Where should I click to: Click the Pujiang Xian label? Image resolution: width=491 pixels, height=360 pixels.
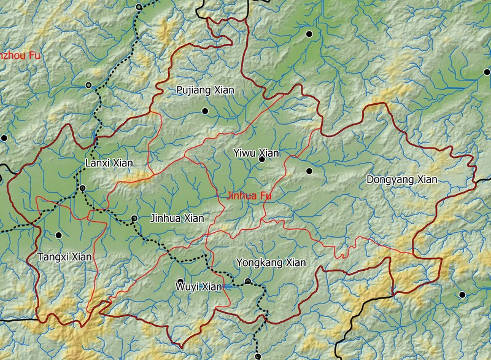(205, 90)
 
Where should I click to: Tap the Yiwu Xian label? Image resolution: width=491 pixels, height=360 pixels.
(257, 153)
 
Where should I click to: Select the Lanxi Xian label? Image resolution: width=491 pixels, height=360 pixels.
(108, 163)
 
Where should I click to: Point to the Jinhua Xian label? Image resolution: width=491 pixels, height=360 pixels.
(177, 218)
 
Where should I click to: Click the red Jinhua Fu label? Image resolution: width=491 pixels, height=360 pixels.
(249, 197)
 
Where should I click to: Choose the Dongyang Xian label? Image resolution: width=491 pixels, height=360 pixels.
(401, 180)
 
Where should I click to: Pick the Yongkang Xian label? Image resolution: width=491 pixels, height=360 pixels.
(271, 263)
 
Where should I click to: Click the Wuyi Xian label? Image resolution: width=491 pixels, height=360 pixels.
(198, 286)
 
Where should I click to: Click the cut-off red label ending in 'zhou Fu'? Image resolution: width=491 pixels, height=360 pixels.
(20, 55)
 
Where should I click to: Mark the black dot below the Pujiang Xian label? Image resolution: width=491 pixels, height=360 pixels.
(205, 111)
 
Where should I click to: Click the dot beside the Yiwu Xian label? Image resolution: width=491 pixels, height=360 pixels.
(261, 159)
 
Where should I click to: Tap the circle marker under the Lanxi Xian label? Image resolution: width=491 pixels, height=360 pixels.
(82, 187)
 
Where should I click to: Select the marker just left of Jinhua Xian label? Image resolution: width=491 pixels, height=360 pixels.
(134, 218)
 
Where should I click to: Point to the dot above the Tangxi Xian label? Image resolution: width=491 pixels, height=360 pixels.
(59, 235)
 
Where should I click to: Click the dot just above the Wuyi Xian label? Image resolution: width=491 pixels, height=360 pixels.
(180, 281)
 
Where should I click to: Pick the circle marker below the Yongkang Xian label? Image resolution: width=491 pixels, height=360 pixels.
(248, 281)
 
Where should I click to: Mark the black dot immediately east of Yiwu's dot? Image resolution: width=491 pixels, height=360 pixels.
(309, 171)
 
